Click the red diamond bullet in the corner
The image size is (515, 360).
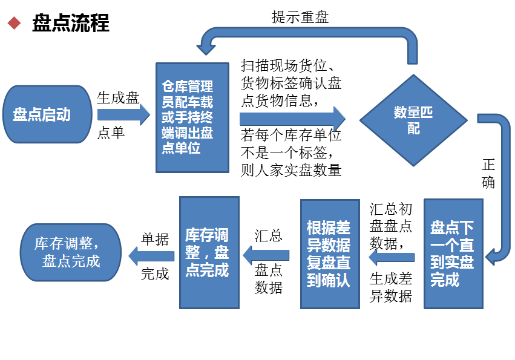[x=14, y=23]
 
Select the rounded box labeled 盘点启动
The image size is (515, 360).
[x=48, y=114]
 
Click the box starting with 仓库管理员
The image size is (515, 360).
[x=192, y=117]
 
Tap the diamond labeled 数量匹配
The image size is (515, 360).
[x=413, y=120]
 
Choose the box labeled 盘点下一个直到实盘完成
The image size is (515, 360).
[x=453, y=254]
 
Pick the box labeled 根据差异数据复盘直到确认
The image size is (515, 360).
[x=330, y=254]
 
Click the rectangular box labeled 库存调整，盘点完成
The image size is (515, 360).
[x=209, y=252]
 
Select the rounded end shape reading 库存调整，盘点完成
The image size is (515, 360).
[x=71, y=252]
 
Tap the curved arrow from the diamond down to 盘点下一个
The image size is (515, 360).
[x=502, y=182]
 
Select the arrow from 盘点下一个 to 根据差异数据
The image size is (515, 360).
[x=392, y=257]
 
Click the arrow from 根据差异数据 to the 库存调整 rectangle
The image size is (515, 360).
[x=266, y=254]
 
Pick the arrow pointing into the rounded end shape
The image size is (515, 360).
[x=151, y=255]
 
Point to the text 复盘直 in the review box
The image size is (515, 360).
[x=329, y=263]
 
